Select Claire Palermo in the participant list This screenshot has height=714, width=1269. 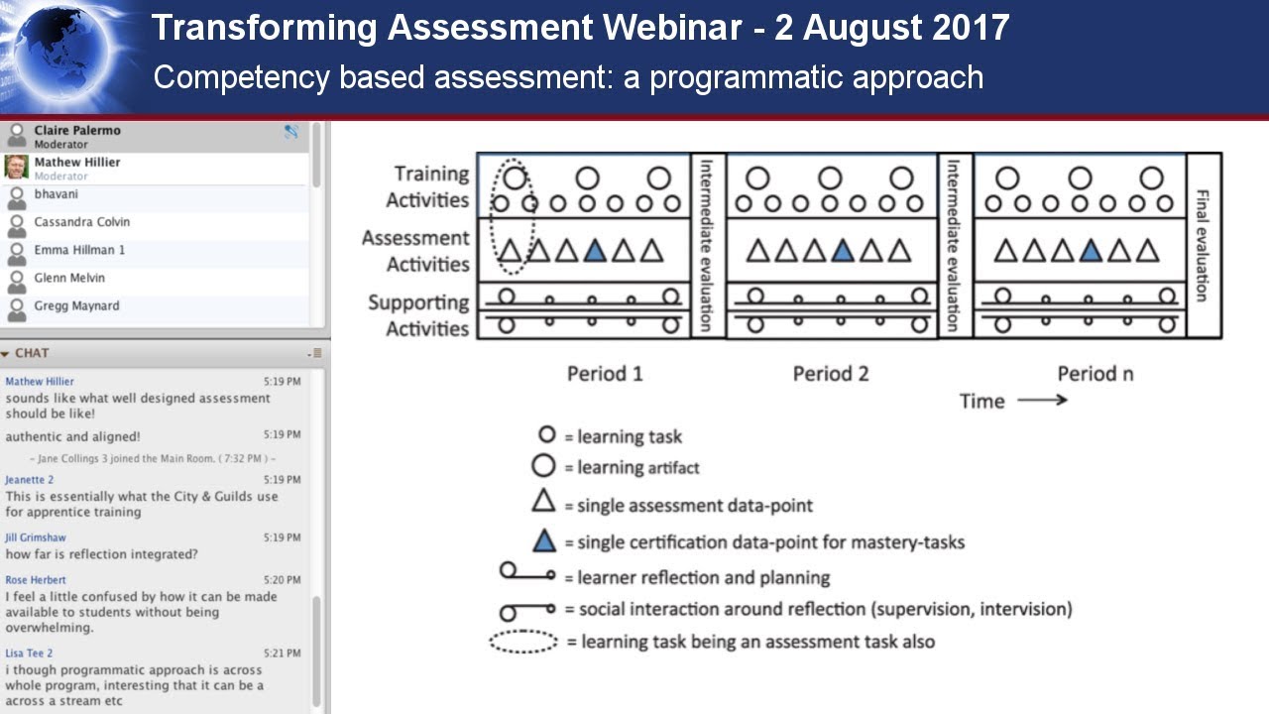click(77, 131)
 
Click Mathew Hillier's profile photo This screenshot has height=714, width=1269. click(16, 167)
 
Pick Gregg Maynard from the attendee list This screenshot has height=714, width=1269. click(76, 306)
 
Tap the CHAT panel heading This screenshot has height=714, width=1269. click(32, 353)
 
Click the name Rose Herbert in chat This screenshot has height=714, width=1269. click(36, 580)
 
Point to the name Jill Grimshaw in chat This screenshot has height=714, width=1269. click(36, 537)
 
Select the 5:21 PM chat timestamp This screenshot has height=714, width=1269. click(282, 654)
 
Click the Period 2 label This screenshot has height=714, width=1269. click(831, 374)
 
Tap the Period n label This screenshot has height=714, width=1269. click(1095, 374)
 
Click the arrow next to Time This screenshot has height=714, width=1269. click(1042, 401)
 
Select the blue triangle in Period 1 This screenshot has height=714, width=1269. click(595, 252)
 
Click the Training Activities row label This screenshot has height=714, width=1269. click(429, 186)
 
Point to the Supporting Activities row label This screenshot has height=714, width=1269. click(418, 315)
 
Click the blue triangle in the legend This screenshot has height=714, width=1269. click(543, 540)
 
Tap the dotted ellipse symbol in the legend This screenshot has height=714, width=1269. click(523, 642)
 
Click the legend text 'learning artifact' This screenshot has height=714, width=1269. click(638, 467)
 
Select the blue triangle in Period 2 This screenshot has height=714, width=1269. click(843, 252)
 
